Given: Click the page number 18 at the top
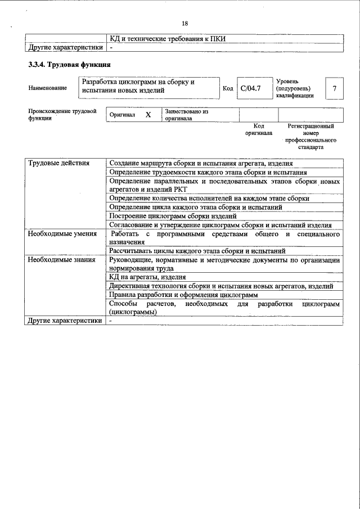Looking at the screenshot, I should (184, 23).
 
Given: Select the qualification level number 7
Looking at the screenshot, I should (335, 89).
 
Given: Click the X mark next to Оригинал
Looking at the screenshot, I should (148, 115).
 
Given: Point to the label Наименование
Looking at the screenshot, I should (47, 88).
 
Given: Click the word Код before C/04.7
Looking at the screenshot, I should (228, 88).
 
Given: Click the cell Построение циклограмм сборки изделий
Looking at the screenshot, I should (173, 216).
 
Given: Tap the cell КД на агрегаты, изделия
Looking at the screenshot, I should (147, 277).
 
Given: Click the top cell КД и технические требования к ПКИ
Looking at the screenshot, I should (171, 39).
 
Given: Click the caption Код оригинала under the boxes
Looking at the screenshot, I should (259, 130).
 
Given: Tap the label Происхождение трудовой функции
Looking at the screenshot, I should (59, 115).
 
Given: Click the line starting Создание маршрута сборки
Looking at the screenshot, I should (201, 163).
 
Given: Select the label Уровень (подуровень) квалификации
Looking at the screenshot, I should (295, 88).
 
